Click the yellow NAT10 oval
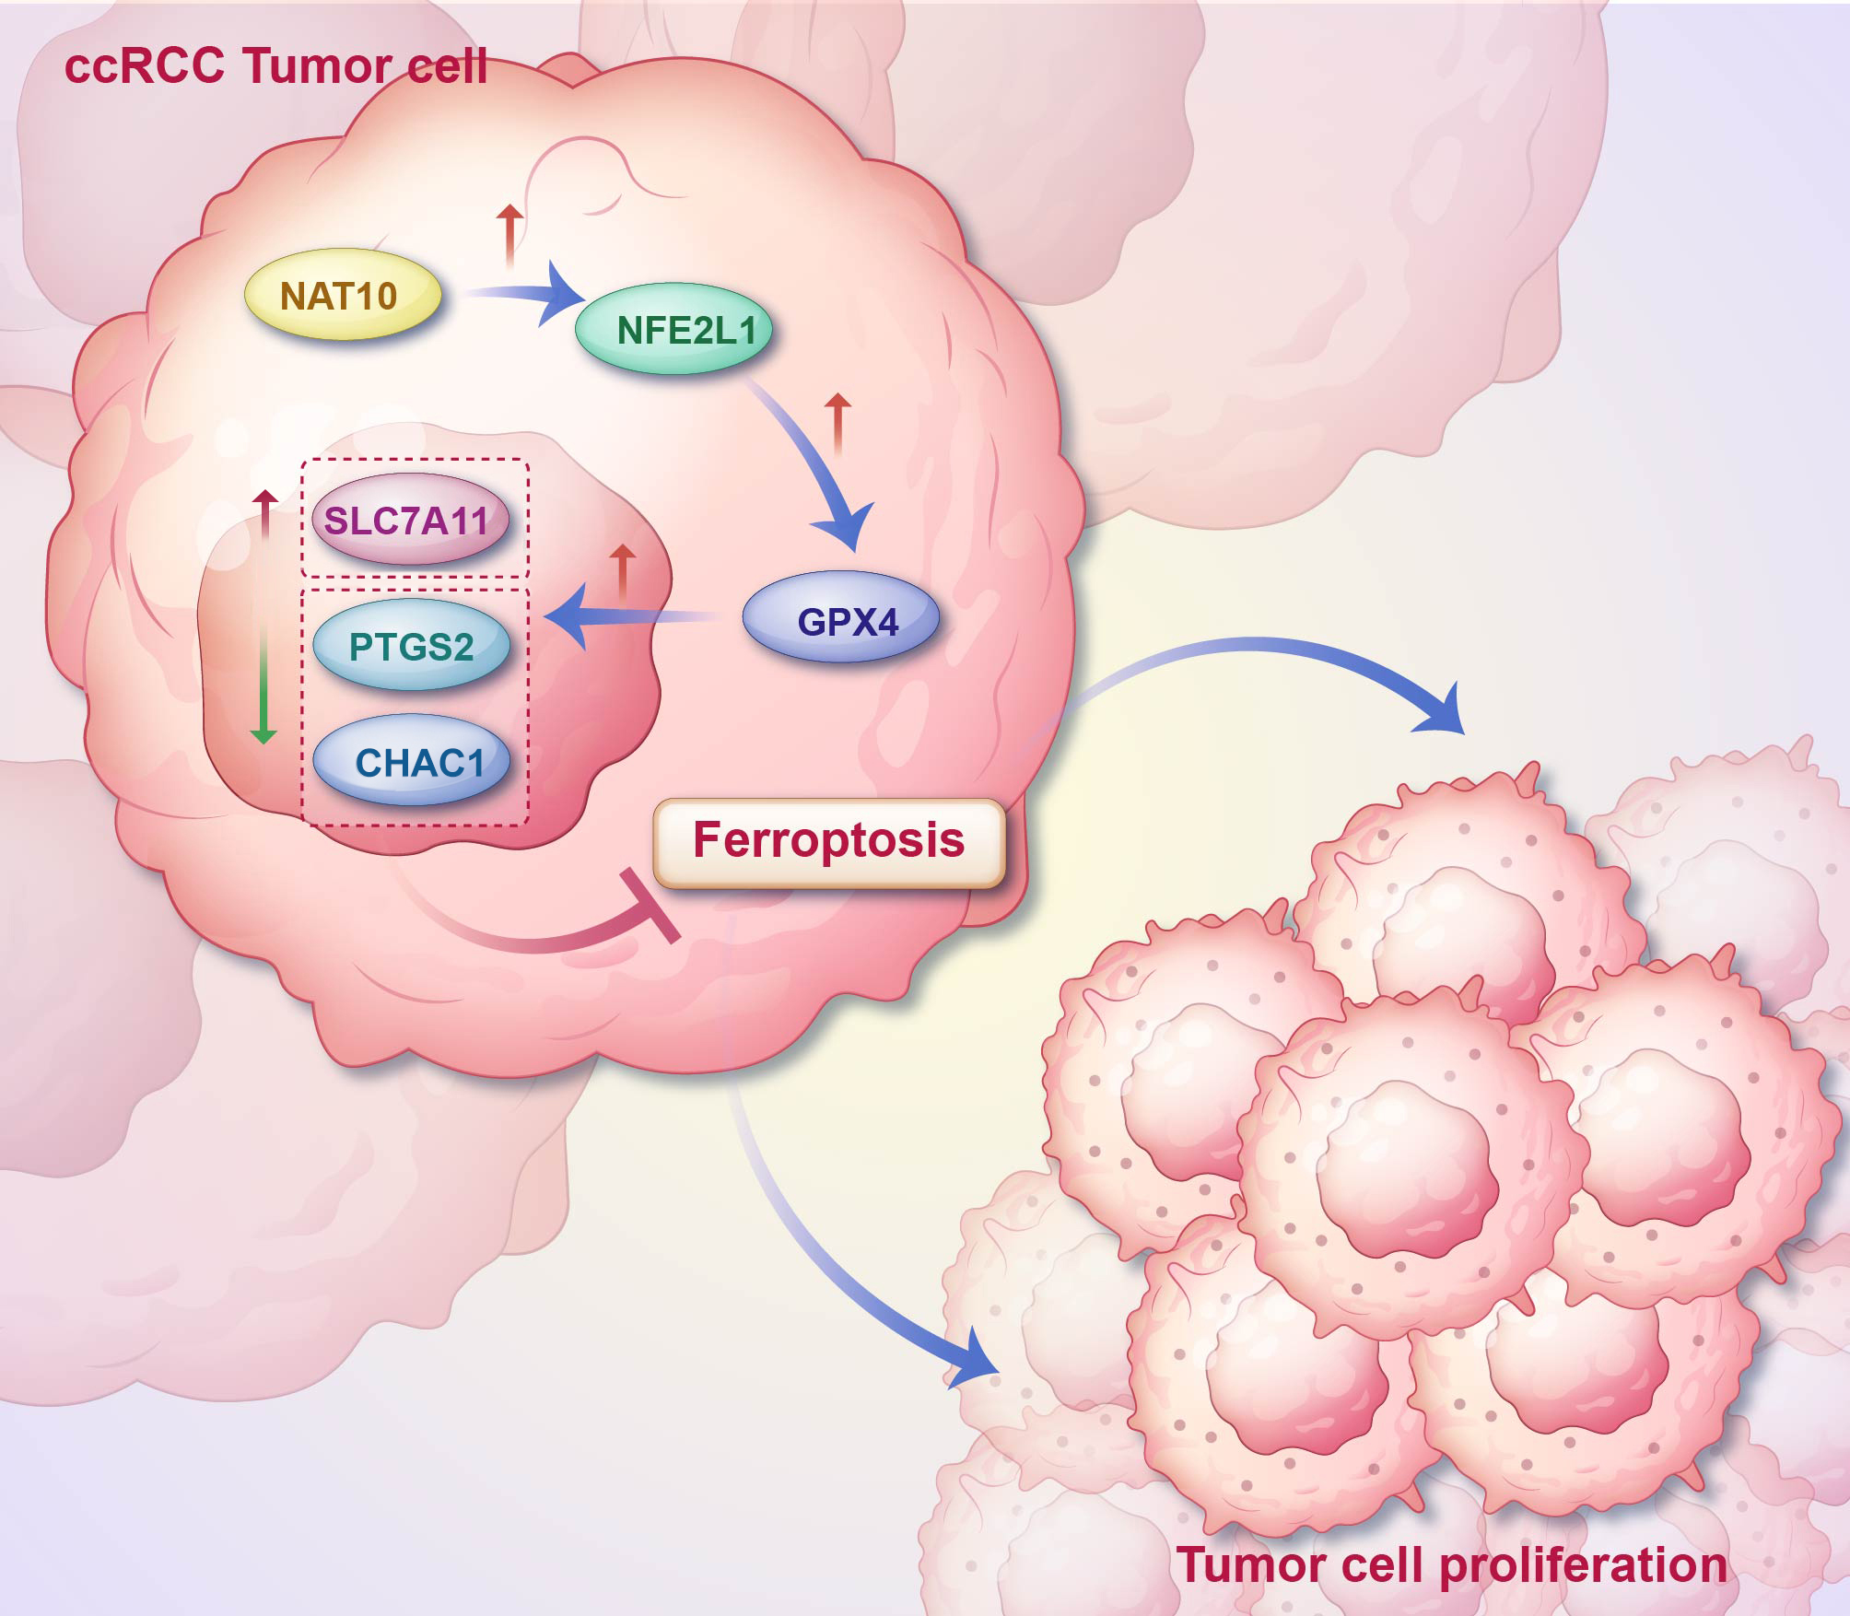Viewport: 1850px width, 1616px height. (x=342, y=297)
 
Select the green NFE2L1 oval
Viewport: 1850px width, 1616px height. (x=673, y=329)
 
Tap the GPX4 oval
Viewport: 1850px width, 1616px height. (x=840, y=620)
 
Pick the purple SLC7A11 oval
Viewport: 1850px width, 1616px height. (x=410, y=521)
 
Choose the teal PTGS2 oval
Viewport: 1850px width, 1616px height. (x=411, y=645)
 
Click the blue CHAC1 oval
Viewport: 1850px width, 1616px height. (x=411, y=761)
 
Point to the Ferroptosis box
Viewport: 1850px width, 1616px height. (x=828, y=841)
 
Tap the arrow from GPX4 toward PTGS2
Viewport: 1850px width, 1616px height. (x=626, y=618)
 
